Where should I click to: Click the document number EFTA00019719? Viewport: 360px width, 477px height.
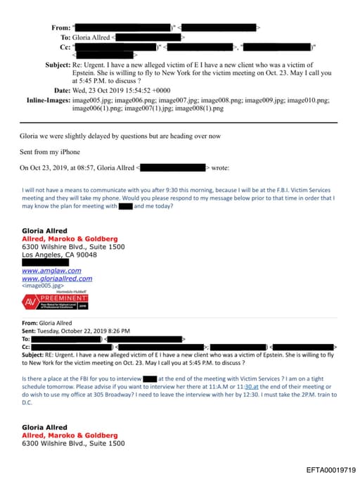tap(331, 469)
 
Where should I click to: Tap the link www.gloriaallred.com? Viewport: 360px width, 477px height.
tap(57, 278)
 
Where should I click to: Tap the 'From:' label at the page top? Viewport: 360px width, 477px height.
tap(60, 27)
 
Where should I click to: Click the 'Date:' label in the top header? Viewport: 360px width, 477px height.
tap(61, 91)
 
